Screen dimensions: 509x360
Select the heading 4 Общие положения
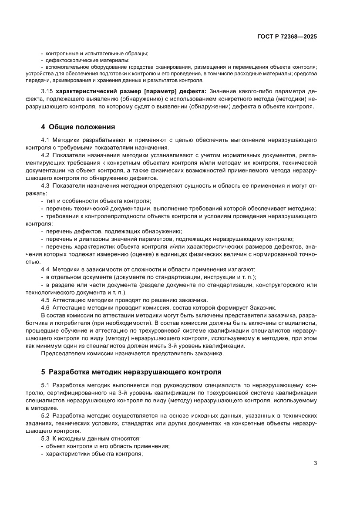78,127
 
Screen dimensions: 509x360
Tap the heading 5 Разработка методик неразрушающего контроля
131,372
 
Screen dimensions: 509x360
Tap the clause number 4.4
46,270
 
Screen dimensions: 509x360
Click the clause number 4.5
46,300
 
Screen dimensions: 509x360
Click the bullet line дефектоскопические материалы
87,60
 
